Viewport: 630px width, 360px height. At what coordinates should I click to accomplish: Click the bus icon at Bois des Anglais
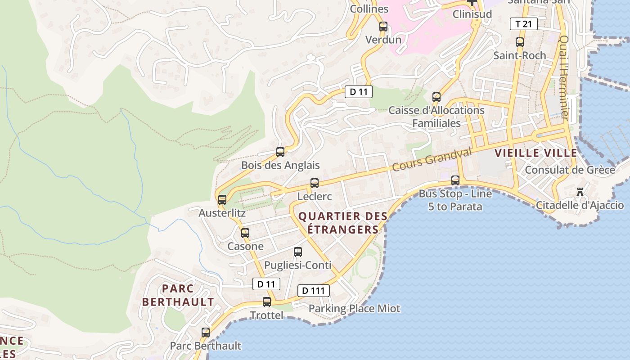click(280, 152)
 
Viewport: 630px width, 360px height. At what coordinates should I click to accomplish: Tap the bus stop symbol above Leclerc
click(315, 183)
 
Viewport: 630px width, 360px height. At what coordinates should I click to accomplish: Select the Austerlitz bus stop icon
click(222, 199)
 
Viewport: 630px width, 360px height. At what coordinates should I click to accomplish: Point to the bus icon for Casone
click(245, 233)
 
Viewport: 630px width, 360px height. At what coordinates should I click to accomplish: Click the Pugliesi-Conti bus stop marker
click(297, 252)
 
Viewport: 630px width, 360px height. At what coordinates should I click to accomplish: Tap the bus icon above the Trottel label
click(267, 302)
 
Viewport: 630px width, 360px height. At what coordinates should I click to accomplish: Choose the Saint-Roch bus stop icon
click(520, 42)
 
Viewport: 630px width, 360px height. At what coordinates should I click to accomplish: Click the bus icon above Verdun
click(383, 27)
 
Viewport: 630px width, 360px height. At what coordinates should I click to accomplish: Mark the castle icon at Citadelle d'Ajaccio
click(580, 193)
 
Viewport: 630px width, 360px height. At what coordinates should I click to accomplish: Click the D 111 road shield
click(314, 291)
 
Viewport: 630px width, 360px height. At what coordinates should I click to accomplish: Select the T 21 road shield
click(524, 24)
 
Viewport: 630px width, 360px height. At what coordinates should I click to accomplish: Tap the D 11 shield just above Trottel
click(266, 284)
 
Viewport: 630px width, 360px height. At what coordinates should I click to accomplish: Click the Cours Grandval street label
click(432, 159)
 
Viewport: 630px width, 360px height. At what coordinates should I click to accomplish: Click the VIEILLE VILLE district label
click(536, 153)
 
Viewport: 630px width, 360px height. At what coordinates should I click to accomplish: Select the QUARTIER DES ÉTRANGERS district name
click(343, 223)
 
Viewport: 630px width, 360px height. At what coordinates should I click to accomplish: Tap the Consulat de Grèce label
click(570, 170)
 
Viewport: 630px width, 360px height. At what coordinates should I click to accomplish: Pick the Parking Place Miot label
click(354, 308)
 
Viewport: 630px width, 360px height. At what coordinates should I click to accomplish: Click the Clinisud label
click(472, 14)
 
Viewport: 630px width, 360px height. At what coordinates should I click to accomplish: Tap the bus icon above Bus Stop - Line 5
click(455, 180)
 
